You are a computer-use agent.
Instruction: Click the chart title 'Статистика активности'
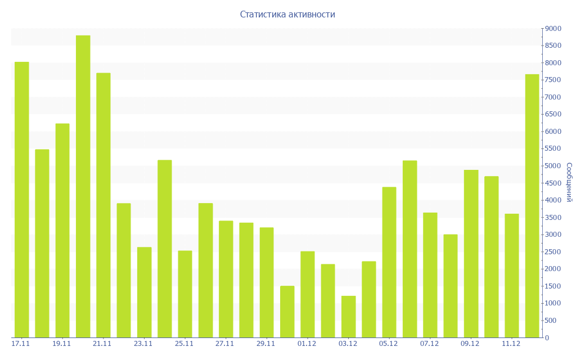click(x=287, y=14)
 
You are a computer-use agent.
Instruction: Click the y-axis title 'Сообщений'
click(x=569, y=182)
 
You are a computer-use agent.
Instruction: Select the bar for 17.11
click(x=21, y=200)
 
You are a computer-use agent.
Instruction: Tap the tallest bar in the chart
click(x=83, y=186)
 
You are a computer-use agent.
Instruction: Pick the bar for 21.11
click(x=103, y=205)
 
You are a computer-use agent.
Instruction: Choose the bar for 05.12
click(x=389, y=262)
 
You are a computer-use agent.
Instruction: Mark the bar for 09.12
click(x=471, y=254)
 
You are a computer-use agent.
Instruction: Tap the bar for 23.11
click(x=144, y=292)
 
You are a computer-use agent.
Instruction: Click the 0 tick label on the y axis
click(x=546, y=338)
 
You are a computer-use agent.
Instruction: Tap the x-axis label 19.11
click(x=61, y=344)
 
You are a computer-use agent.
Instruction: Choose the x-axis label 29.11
click(x=265, y=344)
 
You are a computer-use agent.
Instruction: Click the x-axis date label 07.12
click(x=429, y=344)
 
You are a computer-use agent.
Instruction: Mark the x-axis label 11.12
click(x=511, y=344)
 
